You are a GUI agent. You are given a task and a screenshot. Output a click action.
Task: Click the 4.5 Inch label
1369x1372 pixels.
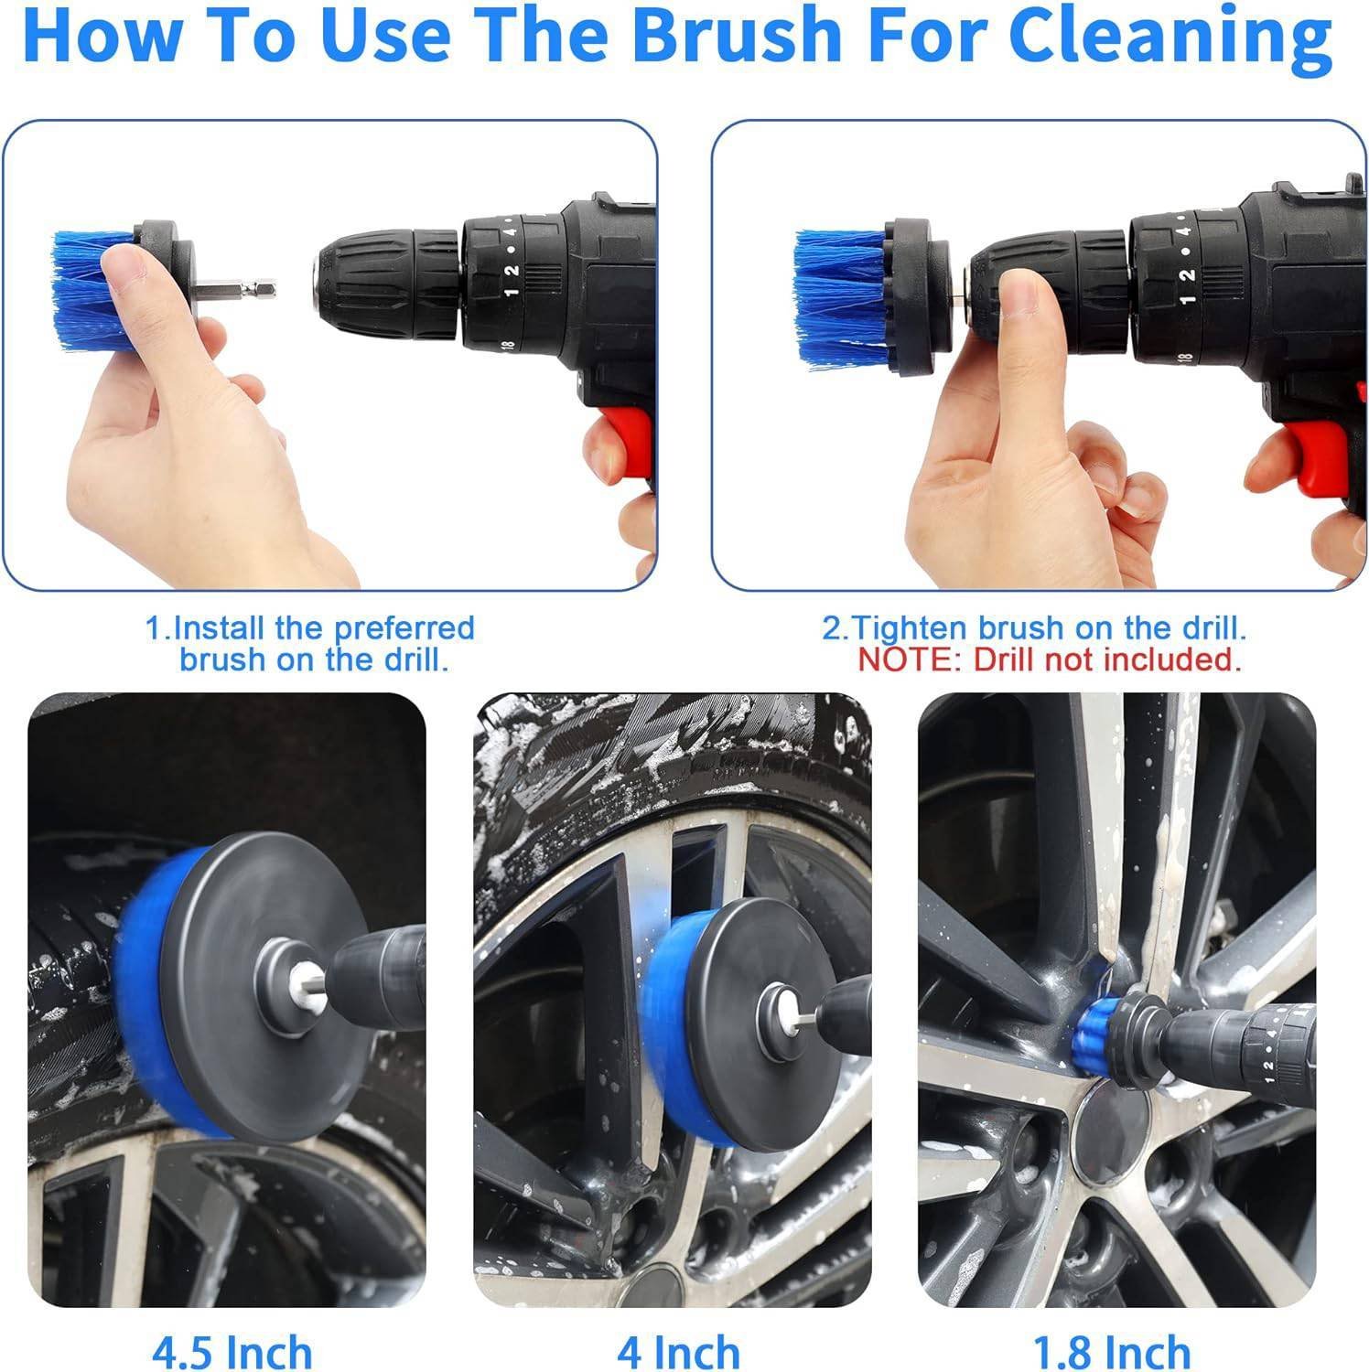[232, 1351]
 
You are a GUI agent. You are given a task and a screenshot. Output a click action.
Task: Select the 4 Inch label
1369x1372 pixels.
[678, 1351]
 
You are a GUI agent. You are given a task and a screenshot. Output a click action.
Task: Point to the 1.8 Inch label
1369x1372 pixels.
[1111, 1351]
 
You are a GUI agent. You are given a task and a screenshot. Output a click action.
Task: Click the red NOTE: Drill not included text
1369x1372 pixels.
[1049, 659]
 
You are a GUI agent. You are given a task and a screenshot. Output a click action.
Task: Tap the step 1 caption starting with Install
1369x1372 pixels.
[311, 643]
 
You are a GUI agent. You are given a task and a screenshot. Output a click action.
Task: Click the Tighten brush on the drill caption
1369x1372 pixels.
[1034, 628]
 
